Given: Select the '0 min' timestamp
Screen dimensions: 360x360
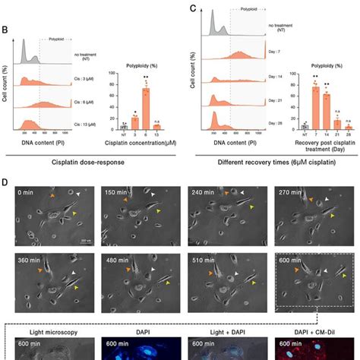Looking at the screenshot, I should point(27,194).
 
